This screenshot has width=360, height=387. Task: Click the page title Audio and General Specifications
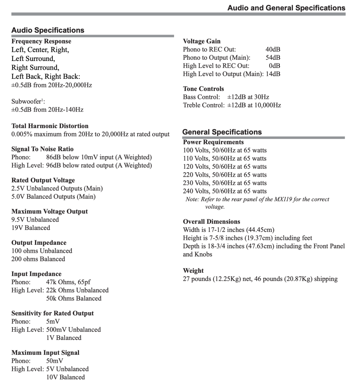point(286,8)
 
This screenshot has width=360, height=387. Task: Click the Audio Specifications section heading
point(48,30)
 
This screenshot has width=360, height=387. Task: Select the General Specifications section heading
point(222,132)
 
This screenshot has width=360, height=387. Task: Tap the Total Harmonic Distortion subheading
point(50,126)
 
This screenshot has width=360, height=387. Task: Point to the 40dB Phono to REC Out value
point(273,49)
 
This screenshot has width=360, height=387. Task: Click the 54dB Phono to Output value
point(273,57)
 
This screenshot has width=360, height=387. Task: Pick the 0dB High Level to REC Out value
point(274,65)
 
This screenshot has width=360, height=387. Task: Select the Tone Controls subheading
point(203,89)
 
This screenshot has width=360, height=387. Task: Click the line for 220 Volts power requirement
point(225,174)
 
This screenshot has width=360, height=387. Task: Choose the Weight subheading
point(193,271)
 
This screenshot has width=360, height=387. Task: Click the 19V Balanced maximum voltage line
point(31,228)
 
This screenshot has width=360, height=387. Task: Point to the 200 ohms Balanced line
point(38,259)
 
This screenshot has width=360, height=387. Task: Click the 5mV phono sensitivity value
point(53,321)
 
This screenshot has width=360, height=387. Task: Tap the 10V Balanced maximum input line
point(65,377)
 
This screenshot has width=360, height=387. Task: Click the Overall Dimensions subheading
point(211,222)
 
